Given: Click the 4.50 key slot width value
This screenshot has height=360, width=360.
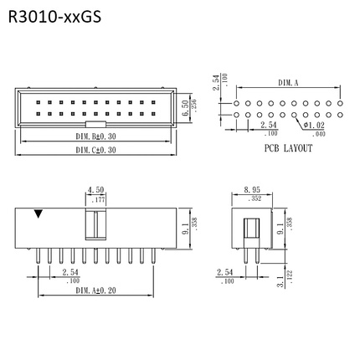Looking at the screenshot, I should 95,190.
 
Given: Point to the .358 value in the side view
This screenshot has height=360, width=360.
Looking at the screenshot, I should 290,223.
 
